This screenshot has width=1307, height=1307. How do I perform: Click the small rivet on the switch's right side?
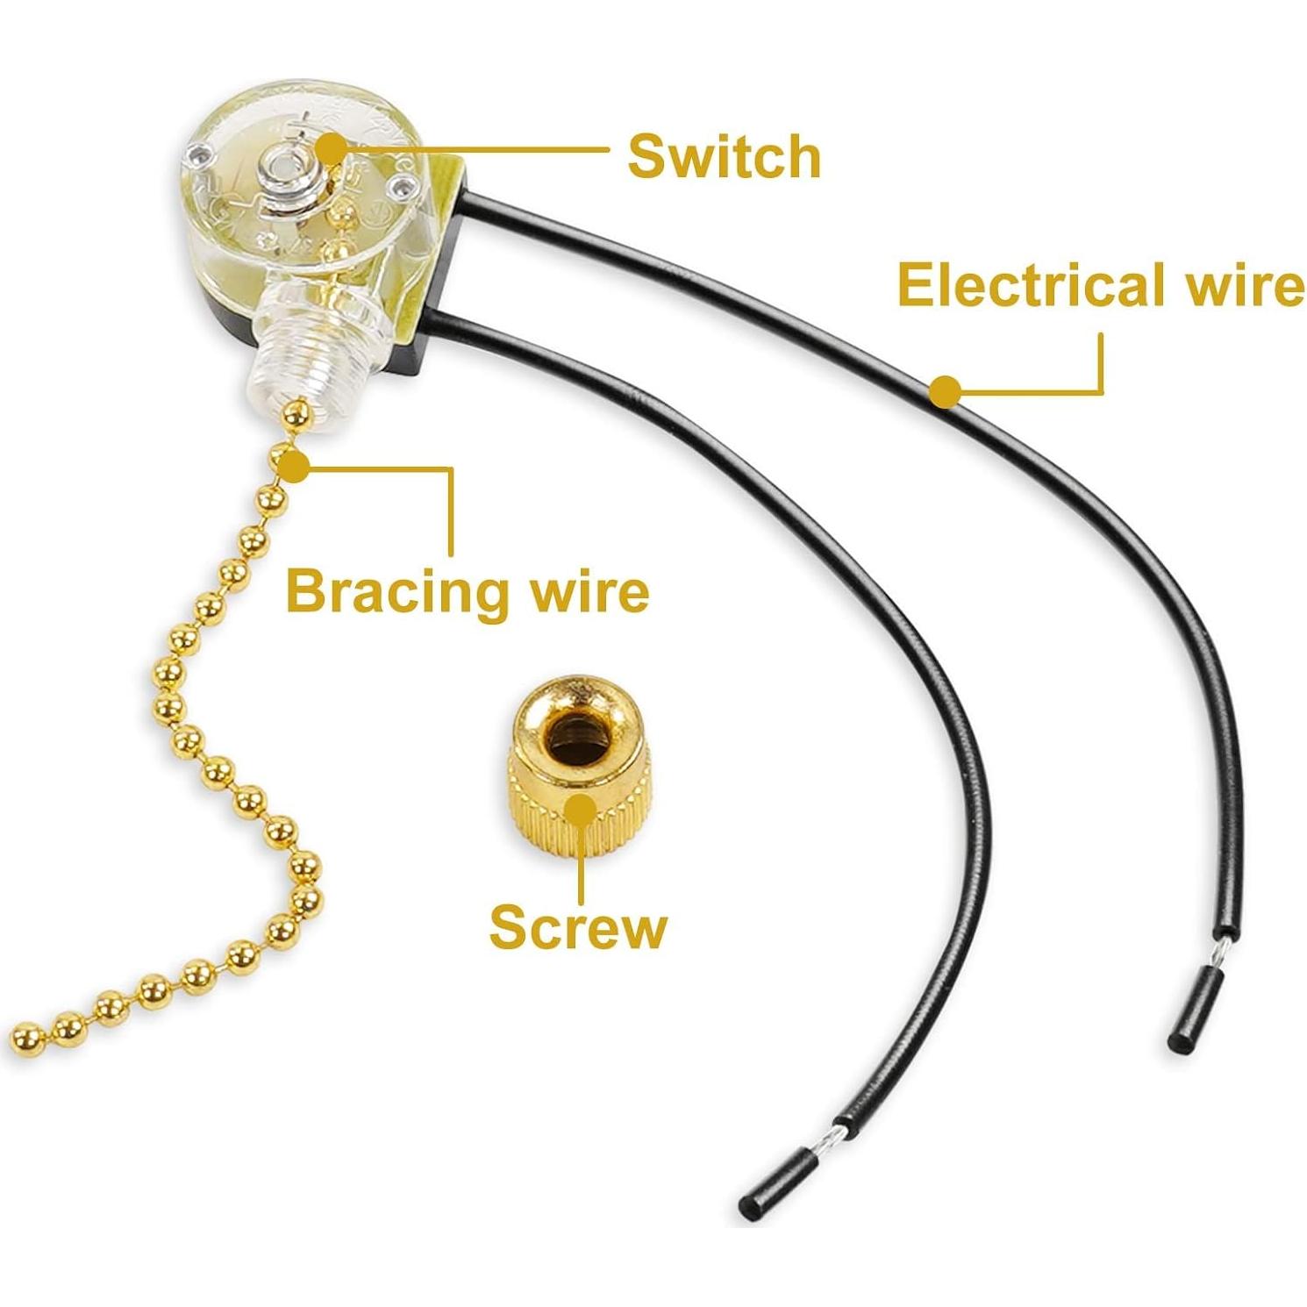click(402, 185)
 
